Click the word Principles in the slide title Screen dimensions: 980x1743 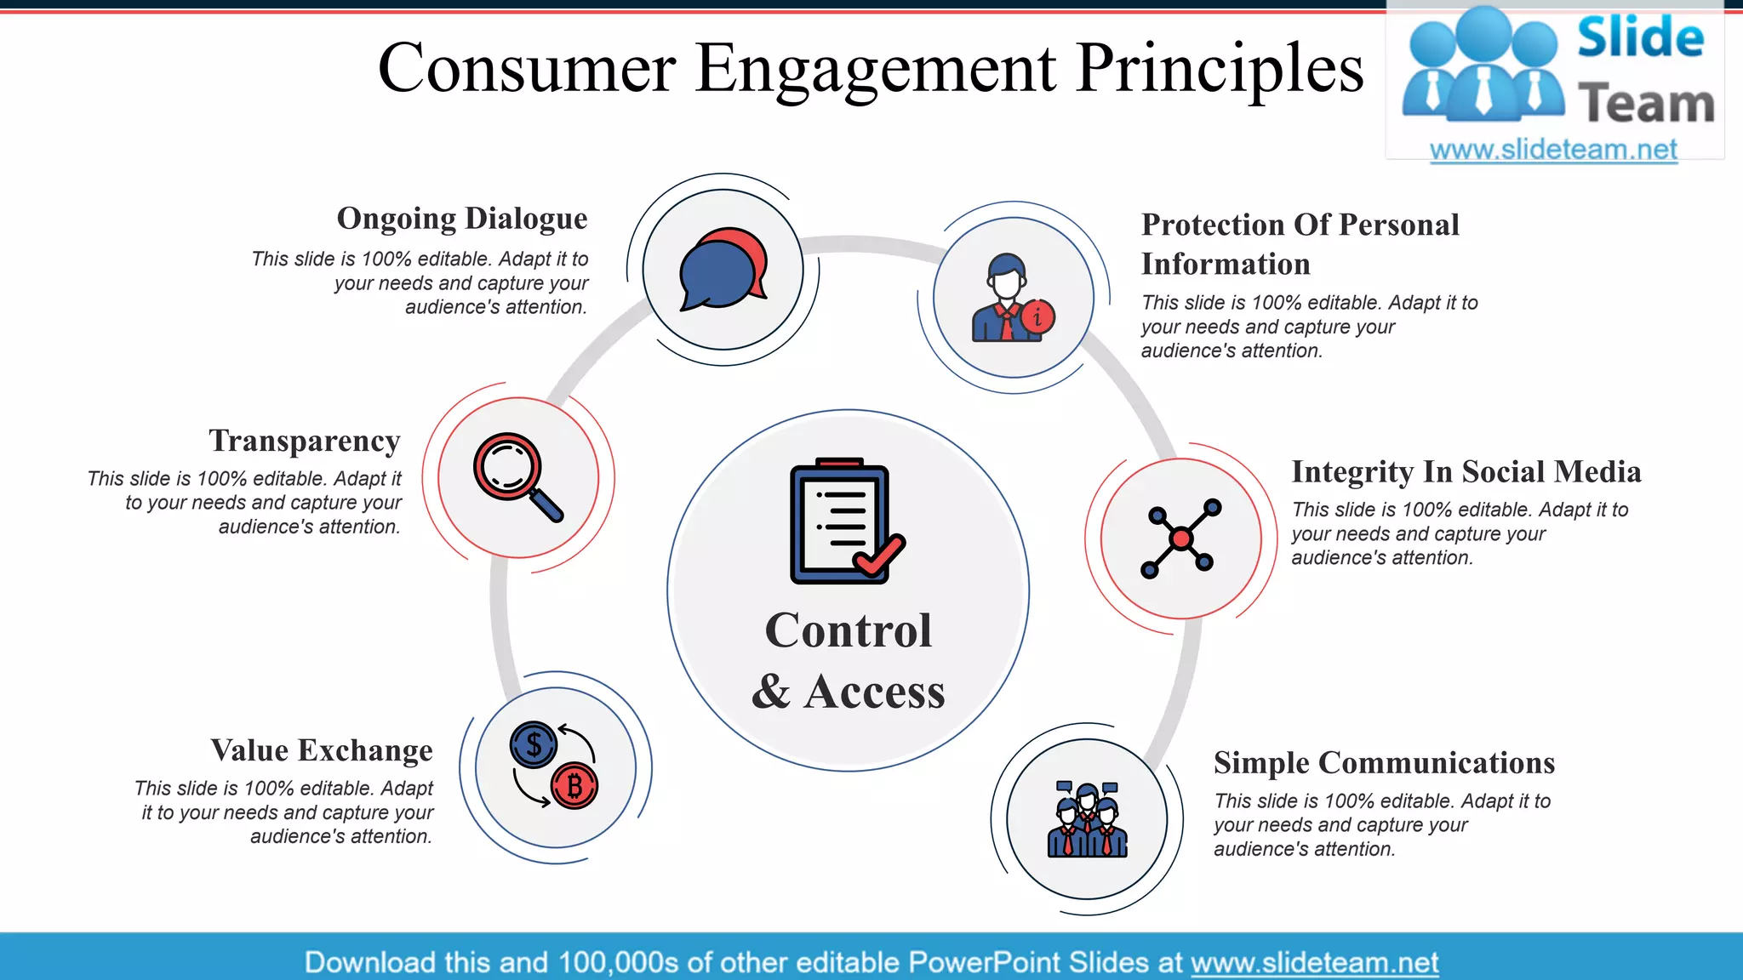[x=1219, y=70]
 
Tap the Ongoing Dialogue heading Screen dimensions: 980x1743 [x=462, y=219]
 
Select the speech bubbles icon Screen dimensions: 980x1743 [x=723, y=269]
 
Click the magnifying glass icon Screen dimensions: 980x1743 [x=517, y=476]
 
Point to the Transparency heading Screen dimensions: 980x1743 [x=305, y=441]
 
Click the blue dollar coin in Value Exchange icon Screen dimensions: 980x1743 [x=534, y=745]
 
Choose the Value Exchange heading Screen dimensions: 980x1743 [x=322, y=750]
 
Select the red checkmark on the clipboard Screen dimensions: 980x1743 [x=880, y=556]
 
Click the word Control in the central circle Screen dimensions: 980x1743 [x=848, y=630]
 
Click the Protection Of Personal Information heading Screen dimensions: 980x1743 [x=1300, y=244]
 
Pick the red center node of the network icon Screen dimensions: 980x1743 [x=1180, y=538]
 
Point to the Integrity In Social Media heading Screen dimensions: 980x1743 [x=1466, y=472]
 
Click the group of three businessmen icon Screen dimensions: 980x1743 [x=1087, y=819]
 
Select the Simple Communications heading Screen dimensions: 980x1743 [x=1384, y=763]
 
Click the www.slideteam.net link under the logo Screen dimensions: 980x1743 [x=1553, y=150]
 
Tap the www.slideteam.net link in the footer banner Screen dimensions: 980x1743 [x=1314, y=963]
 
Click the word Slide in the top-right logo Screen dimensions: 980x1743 [x=1640, y=38]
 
